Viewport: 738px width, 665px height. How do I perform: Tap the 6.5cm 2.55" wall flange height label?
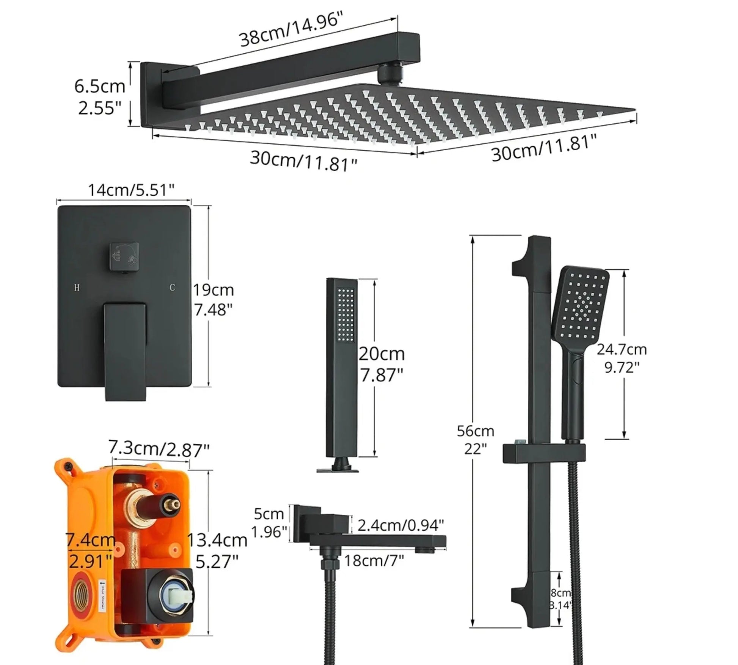pos(99,97)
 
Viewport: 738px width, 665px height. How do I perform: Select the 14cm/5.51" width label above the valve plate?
pos(131,190)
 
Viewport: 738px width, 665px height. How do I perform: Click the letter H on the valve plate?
pos(77,288)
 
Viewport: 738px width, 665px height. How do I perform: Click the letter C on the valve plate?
pos(172,288)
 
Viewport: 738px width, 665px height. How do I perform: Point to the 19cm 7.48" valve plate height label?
pos(213,300)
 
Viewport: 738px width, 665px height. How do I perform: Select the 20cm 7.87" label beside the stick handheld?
pos(382,364)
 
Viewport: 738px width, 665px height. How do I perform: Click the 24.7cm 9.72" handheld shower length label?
pos(621,358)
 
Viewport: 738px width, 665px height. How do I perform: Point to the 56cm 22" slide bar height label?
pos(475,440)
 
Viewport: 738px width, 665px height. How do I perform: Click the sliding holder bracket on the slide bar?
pos(544,453)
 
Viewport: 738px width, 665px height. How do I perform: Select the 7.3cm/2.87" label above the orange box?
pos(159,449)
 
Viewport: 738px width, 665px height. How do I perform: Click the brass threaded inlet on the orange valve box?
pos(82,599)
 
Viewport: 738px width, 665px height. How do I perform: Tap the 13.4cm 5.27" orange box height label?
pos(217,550)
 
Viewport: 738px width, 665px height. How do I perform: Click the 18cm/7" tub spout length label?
pos(374,560)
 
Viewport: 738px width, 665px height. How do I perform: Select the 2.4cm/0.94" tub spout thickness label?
pos(400,525)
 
